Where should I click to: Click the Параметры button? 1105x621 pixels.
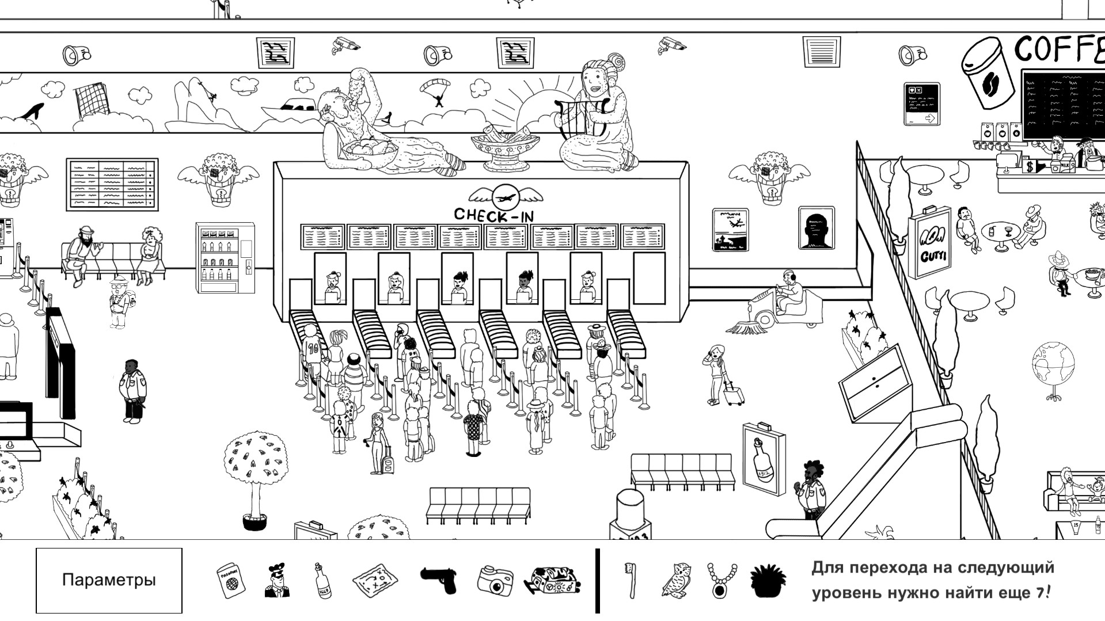[x=109, y=580]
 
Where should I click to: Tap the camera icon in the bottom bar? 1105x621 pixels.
[x=495, y=580]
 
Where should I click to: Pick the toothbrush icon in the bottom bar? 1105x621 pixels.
[x=632, y=580]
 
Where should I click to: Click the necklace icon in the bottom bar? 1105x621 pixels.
[x=722, y=580]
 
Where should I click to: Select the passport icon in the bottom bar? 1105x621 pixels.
[x=230, y=580]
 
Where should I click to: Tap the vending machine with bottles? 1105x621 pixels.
[x=226, y=258]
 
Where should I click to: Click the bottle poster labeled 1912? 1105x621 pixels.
[x=764, y=459]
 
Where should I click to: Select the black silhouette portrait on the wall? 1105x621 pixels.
[x=816, y=228]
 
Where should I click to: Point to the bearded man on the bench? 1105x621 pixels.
[x=83, y=252]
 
